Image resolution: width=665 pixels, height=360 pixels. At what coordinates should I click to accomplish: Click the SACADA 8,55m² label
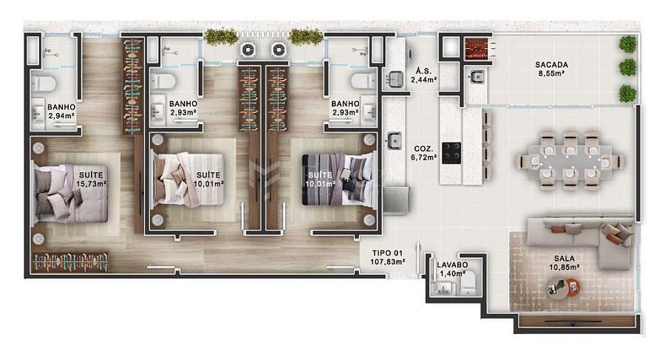(x=551, y=69)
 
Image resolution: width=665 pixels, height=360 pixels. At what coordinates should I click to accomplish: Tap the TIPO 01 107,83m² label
(x=387, y=257)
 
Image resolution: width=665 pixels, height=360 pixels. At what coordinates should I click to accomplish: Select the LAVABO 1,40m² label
(x=452, y=269)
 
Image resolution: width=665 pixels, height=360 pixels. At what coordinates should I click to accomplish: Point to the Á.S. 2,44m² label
(x=423, y=75)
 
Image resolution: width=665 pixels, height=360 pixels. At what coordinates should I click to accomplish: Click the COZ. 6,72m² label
(x=423, y=153)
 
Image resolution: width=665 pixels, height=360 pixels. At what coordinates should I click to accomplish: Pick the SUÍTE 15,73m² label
(x=91, y=179)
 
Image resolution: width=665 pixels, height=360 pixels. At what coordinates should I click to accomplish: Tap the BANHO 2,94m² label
(x=61, y=111)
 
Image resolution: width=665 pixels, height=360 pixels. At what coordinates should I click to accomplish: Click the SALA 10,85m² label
(x=564, y=262)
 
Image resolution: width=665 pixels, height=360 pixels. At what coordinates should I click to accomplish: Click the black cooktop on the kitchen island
(x=451, y=153)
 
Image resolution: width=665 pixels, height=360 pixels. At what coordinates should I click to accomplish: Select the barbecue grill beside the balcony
(x=478, y=50)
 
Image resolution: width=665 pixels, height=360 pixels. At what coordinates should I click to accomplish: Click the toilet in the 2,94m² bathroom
(x=44, y=84)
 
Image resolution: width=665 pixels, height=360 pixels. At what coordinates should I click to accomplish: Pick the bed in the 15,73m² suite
(x=70, y=194)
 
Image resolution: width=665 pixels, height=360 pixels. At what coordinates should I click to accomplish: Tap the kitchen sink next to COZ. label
(x=395, y=140)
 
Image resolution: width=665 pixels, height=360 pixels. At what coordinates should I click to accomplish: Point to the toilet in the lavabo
(x=469, y=283)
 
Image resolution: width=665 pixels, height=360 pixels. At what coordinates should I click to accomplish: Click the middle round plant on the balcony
(x=628, y=67)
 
